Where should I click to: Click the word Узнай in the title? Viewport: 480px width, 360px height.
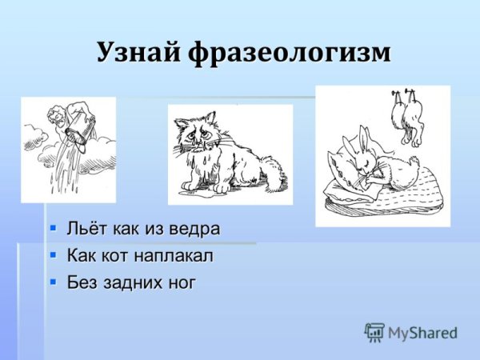click(x=138, y=52)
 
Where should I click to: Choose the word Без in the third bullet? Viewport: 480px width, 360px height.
click(x=82, y=282)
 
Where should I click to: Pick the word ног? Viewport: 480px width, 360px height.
click(x=179, y=282)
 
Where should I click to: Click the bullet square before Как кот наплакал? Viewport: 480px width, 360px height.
click(x=53, y=255)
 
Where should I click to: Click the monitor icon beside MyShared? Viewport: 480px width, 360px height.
click(x=374, y=332)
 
